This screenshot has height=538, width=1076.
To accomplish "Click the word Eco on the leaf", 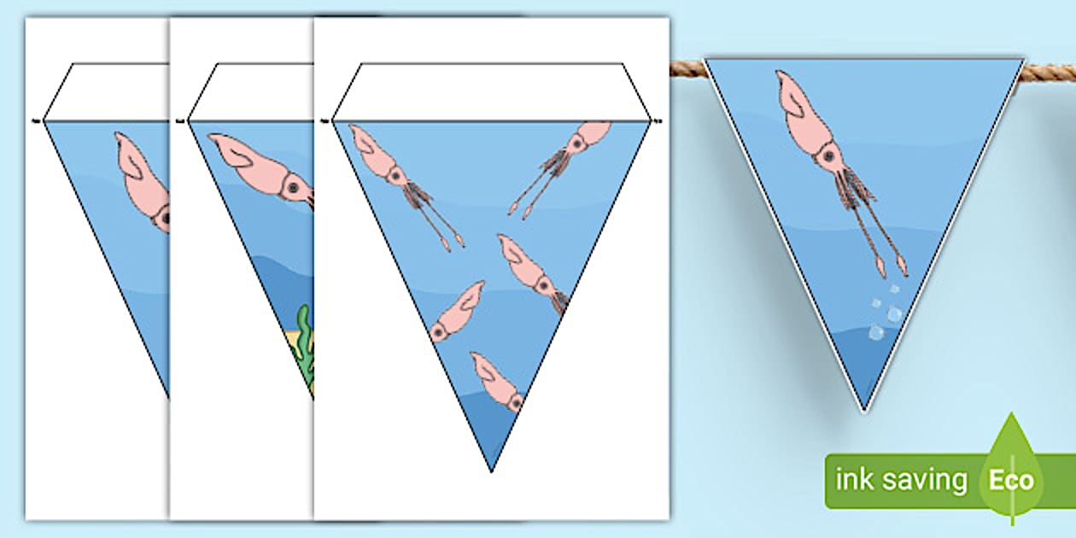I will coord(1012,480).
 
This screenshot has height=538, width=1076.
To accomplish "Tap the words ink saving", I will coord(902,480).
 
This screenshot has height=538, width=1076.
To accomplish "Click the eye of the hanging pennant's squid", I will coord(826,156).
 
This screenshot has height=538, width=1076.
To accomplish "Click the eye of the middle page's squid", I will coord(294,187).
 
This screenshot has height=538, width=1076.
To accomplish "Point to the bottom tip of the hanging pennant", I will coord(864,408).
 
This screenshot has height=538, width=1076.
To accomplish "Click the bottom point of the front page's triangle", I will coord(492,469).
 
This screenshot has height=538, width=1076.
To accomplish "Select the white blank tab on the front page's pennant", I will coord(492,91).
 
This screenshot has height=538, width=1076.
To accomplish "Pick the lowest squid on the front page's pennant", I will coord(499,382).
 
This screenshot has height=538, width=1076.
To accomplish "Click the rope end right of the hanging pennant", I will coord(1050,72).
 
